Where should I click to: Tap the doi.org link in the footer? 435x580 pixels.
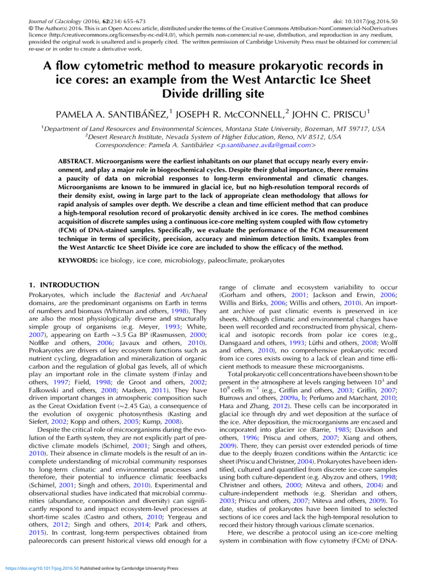42,568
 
